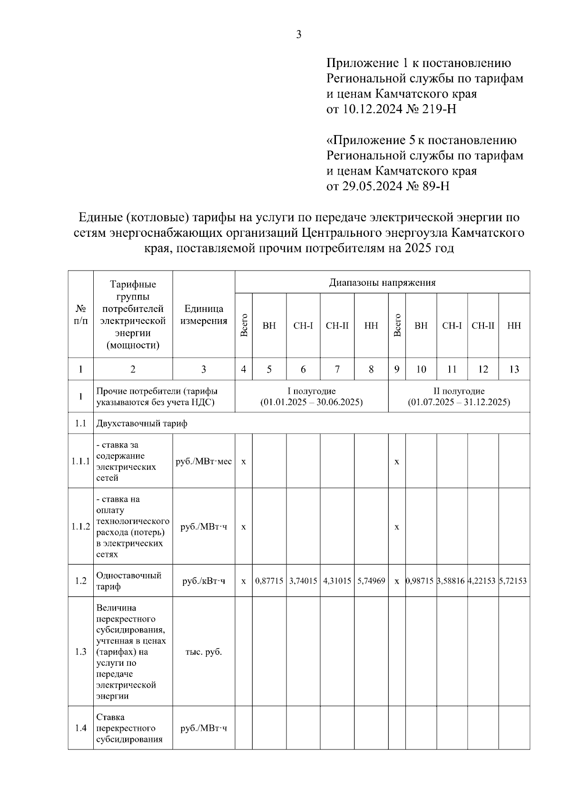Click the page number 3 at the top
299,35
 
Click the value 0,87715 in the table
269,581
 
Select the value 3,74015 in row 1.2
303,581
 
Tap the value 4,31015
337,581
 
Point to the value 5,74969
371,581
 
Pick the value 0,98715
421,581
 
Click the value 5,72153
513,581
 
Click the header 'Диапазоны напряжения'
382,283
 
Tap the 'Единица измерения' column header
204,314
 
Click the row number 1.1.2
80,526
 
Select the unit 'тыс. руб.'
204,651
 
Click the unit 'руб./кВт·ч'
204,581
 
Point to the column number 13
514,369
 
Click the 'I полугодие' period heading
312,391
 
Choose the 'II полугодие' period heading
459,391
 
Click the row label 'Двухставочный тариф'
142,423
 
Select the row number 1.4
80,728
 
